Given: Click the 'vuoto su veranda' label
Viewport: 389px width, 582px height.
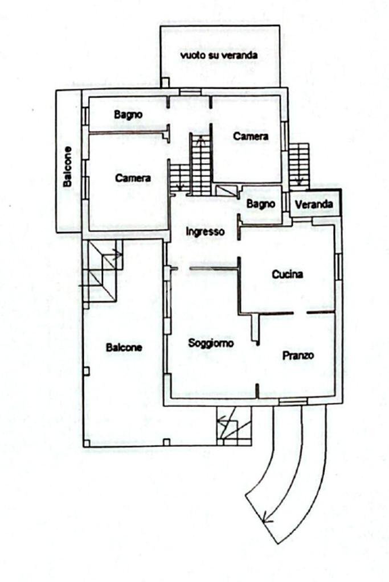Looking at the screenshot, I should click(x=219, y=55).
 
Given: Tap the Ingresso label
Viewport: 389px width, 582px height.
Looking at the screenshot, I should click(x=206, y=232).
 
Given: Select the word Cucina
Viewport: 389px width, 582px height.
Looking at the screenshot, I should click(x=287, y=274).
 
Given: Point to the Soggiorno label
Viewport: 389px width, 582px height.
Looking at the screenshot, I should click(x=211, y=343).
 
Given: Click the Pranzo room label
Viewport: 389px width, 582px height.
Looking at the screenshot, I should click(x=298, y=356).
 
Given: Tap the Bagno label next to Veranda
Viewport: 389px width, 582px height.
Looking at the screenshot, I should click(x=261, y=203).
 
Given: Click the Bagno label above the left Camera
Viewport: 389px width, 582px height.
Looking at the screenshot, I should click(x=128, y=114).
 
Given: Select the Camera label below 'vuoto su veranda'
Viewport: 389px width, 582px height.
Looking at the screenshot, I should click(x=251, y=137).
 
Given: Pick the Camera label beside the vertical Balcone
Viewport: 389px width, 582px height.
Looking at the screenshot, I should click(x=133, y=178).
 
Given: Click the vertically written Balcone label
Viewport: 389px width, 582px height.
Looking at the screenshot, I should click(x=68, y=167).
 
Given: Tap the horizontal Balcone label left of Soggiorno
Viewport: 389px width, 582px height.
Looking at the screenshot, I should click(x=124, y=347).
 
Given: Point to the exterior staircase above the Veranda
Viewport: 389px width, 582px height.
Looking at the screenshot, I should click(x=298, y=164).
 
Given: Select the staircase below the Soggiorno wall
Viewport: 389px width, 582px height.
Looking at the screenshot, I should click(x=234, y=426).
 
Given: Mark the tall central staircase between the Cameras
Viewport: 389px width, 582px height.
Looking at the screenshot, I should click(x=200, y=165).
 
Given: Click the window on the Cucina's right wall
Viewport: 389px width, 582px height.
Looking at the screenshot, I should click(x=338, y=266).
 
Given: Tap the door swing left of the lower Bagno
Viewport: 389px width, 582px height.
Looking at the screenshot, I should click(x=227, y=190).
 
